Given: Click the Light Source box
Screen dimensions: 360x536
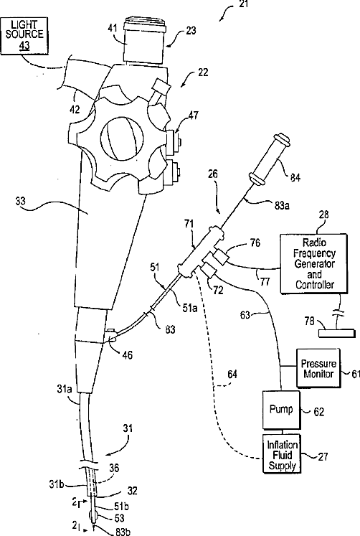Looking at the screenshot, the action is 24,35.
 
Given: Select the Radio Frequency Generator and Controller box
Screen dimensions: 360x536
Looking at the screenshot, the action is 313,263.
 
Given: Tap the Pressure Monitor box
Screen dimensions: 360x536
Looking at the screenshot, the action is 318,368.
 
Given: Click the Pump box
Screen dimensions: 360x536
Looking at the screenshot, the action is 281,410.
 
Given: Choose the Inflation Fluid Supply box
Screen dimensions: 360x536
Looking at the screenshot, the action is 282,453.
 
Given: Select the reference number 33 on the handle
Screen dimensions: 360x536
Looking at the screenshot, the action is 21,201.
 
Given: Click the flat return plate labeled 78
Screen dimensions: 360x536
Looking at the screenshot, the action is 337,333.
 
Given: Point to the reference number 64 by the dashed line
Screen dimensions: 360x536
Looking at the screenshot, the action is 232,375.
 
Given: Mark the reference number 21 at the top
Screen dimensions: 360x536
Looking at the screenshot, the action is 243,4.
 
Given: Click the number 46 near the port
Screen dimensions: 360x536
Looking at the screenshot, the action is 127,355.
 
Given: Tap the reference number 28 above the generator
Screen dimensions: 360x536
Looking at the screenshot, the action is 324,215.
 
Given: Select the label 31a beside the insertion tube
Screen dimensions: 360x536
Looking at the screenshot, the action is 65,388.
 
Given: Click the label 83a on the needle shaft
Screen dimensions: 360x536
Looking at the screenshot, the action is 283,205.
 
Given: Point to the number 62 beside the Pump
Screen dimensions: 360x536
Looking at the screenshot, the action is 318,412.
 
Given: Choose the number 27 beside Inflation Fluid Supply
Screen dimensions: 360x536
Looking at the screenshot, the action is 323,456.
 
